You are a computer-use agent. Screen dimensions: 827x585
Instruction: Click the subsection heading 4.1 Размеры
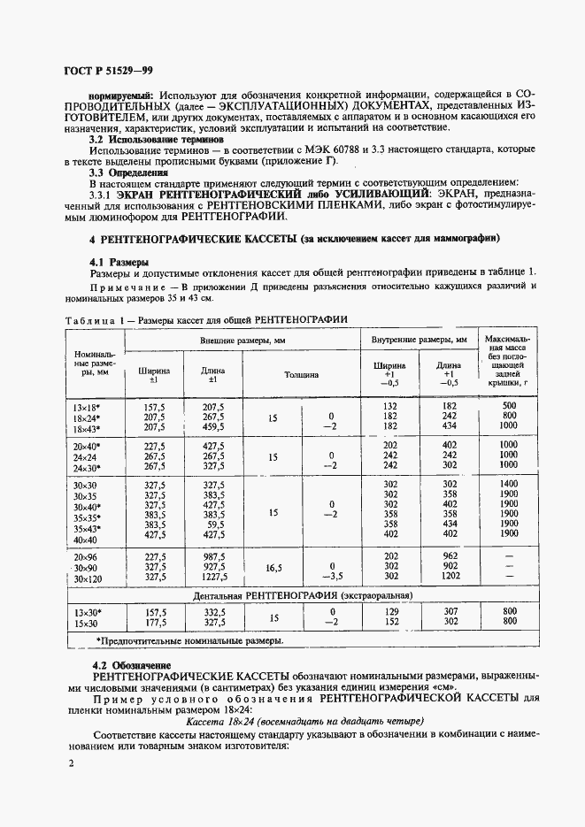(119, 263)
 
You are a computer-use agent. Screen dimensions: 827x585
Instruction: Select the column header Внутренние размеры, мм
(419, 340)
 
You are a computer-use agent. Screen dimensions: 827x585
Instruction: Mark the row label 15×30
(88, 622)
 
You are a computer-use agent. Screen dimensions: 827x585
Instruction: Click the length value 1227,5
(214, 578)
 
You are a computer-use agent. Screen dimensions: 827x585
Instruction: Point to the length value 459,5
(214, 427)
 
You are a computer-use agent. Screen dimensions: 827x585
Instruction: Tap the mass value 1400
(507, 484)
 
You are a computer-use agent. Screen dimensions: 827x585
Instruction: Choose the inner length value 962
(450, 556)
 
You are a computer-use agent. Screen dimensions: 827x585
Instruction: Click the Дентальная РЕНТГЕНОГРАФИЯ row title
(302, 596)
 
